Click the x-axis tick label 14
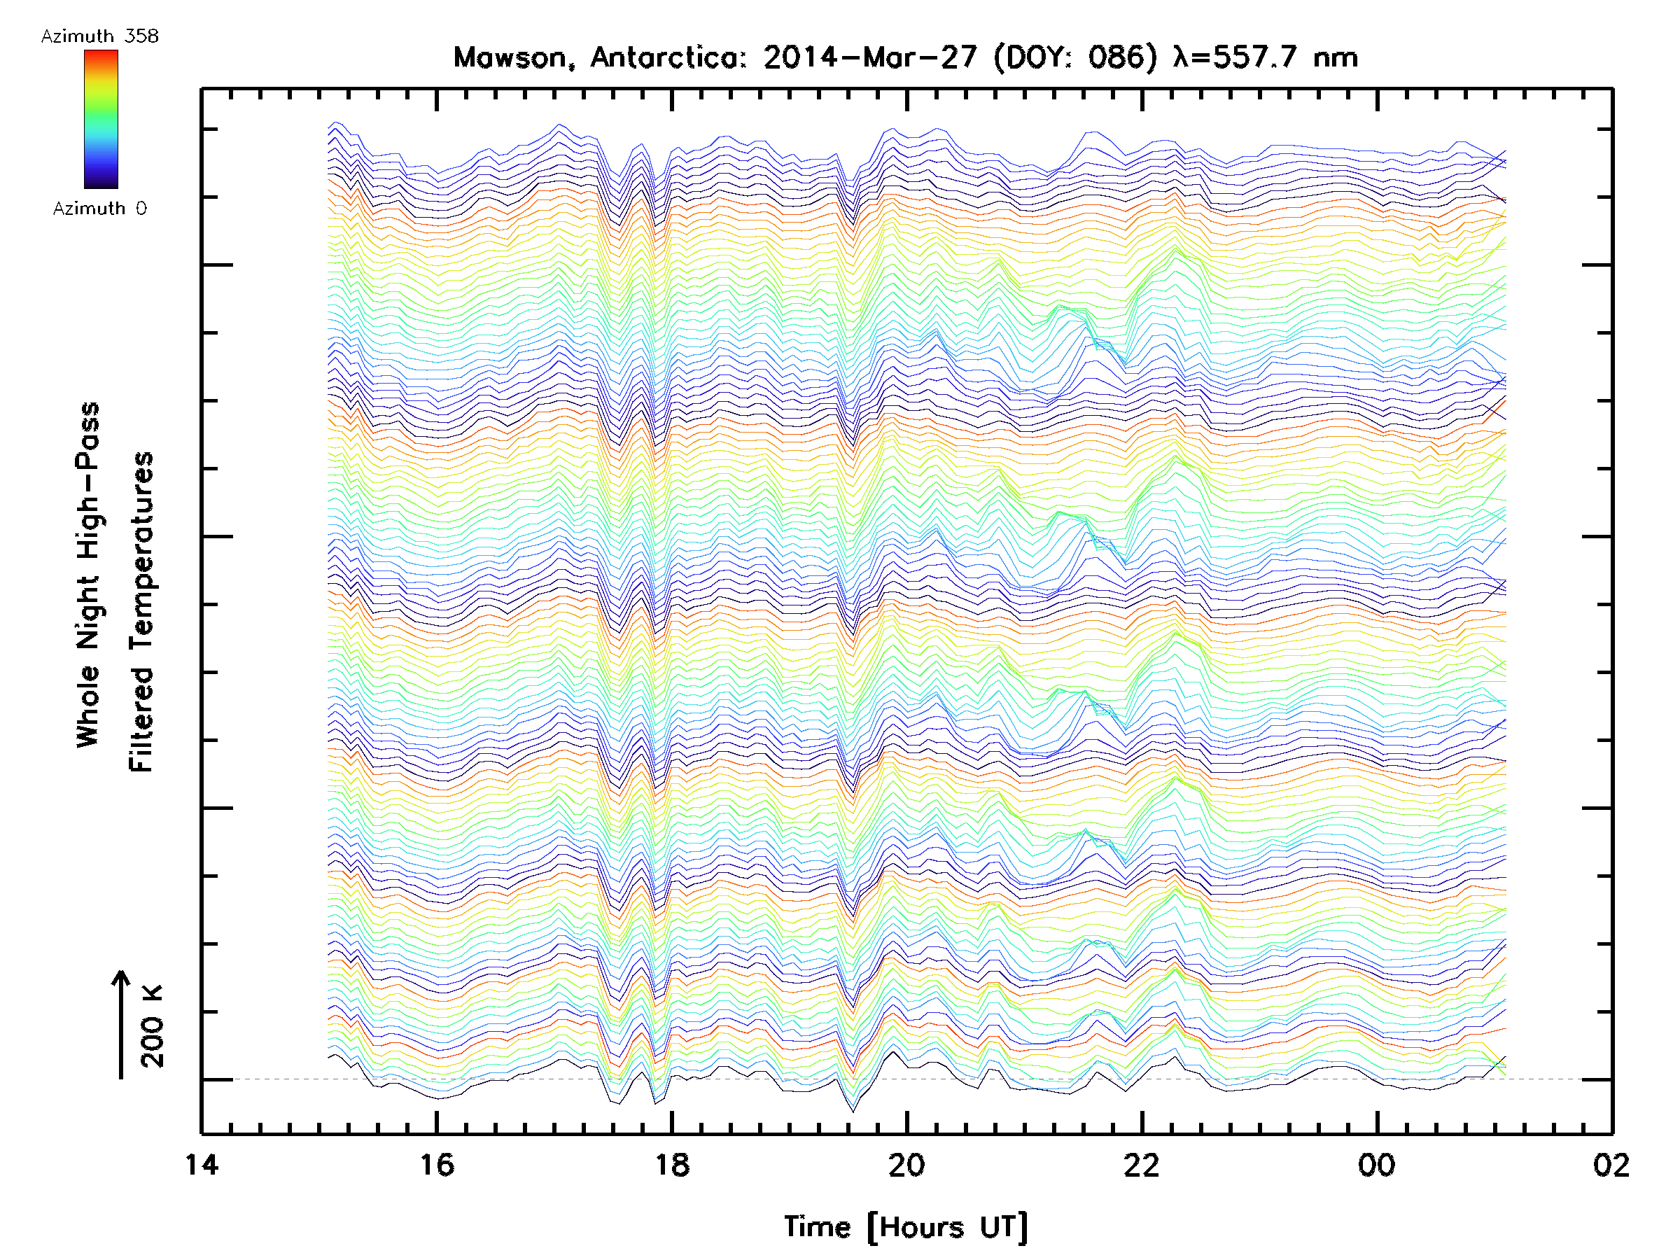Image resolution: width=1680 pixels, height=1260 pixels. click(202, 1164)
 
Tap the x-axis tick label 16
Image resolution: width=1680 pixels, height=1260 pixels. click(437, 1164)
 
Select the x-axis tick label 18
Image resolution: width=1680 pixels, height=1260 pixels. click(672, 1164)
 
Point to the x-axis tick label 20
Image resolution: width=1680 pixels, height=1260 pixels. click(906, 1164)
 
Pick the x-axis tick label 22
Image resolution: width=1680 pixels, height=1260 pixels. click(1142, 1164)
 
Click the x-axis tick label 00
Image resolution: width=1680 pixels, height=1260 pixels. click(1376, 1164)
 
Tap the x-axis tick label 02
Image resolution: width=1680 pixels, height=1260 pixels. click(1611, 1164)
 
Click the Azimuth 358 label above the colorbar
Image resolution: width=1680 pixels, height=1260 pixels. click(99, 36)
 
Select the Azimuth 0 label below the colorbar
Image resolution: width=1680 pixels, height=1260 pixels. click(99, 209)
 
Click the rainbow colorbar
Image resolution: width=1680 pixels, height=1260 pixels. click(101, 119)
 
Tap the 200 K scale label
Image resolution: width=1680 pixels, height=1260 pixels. click(153, 1026)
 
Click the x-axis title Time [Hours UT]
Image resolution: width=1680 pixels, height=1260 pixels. click(906, 1227)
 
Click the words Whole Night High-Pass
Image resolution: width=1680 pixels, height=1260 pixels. click(88, 575)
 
